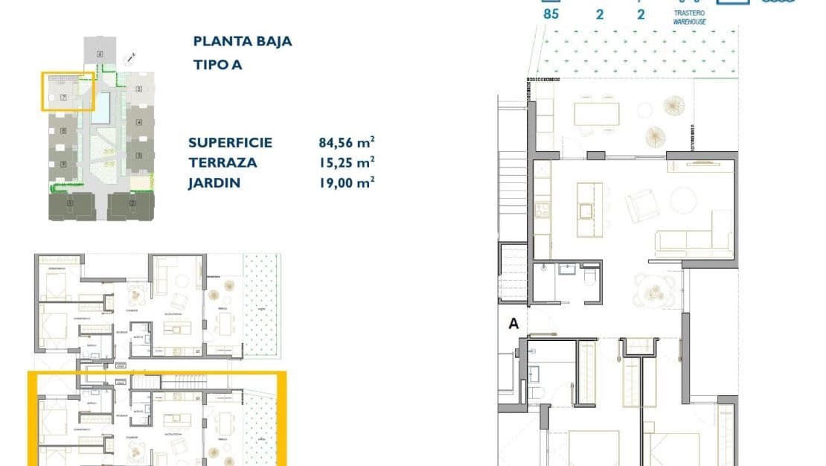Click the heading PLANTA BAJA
(x=242, y=42)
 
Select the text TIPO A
(x=217, y=65)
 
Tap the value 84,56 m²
(x=346, y=142)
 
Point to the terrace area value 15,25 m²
(x=346, y=162)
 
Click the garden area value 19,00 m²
(x=346, y=182)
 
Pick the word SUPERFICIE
(x=230, y=143)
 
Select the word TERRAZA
(x=222, y=162)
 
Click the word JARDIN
(x=214, y=182)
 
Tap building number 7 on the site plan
(x=64, y=98)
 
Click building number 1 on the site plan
(x=69, y=203)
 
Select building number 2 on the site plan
(x=132, y=203)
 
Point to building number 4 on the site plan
(x=138, y=121)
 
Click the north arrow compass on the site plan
(x=131, y=56)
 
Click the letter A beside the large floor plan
(x=513, y=324)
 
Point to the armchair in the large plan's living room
(x=638, y=206)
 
